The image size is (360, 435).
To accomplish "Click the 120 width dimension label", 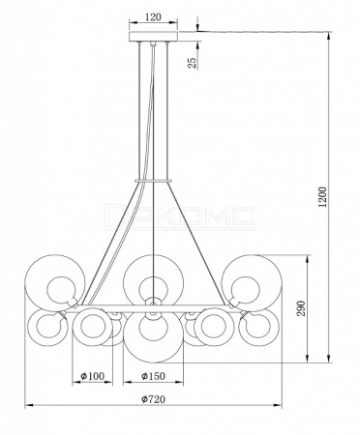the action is pos(153,16).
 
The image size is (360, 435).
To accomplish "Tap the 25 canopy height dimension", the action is pos(192,62).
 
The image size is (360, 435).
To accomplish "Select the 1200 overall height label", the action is pos(322,197).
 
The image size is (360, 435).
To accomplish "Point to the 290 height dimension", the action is pos(301,308).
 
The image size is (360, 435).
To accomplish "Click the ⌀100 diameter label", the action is pos(93,376).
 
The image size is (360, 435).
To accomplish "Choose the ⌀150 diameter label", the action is pos(153,376).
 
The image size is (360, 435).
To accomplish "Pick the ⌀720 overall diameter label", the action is pos(153,399).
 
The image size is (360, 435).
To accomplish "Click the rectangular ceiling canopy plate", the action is pos(153,37).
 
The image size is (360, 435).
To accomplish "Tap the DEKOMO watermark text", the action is pos(181,216).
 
